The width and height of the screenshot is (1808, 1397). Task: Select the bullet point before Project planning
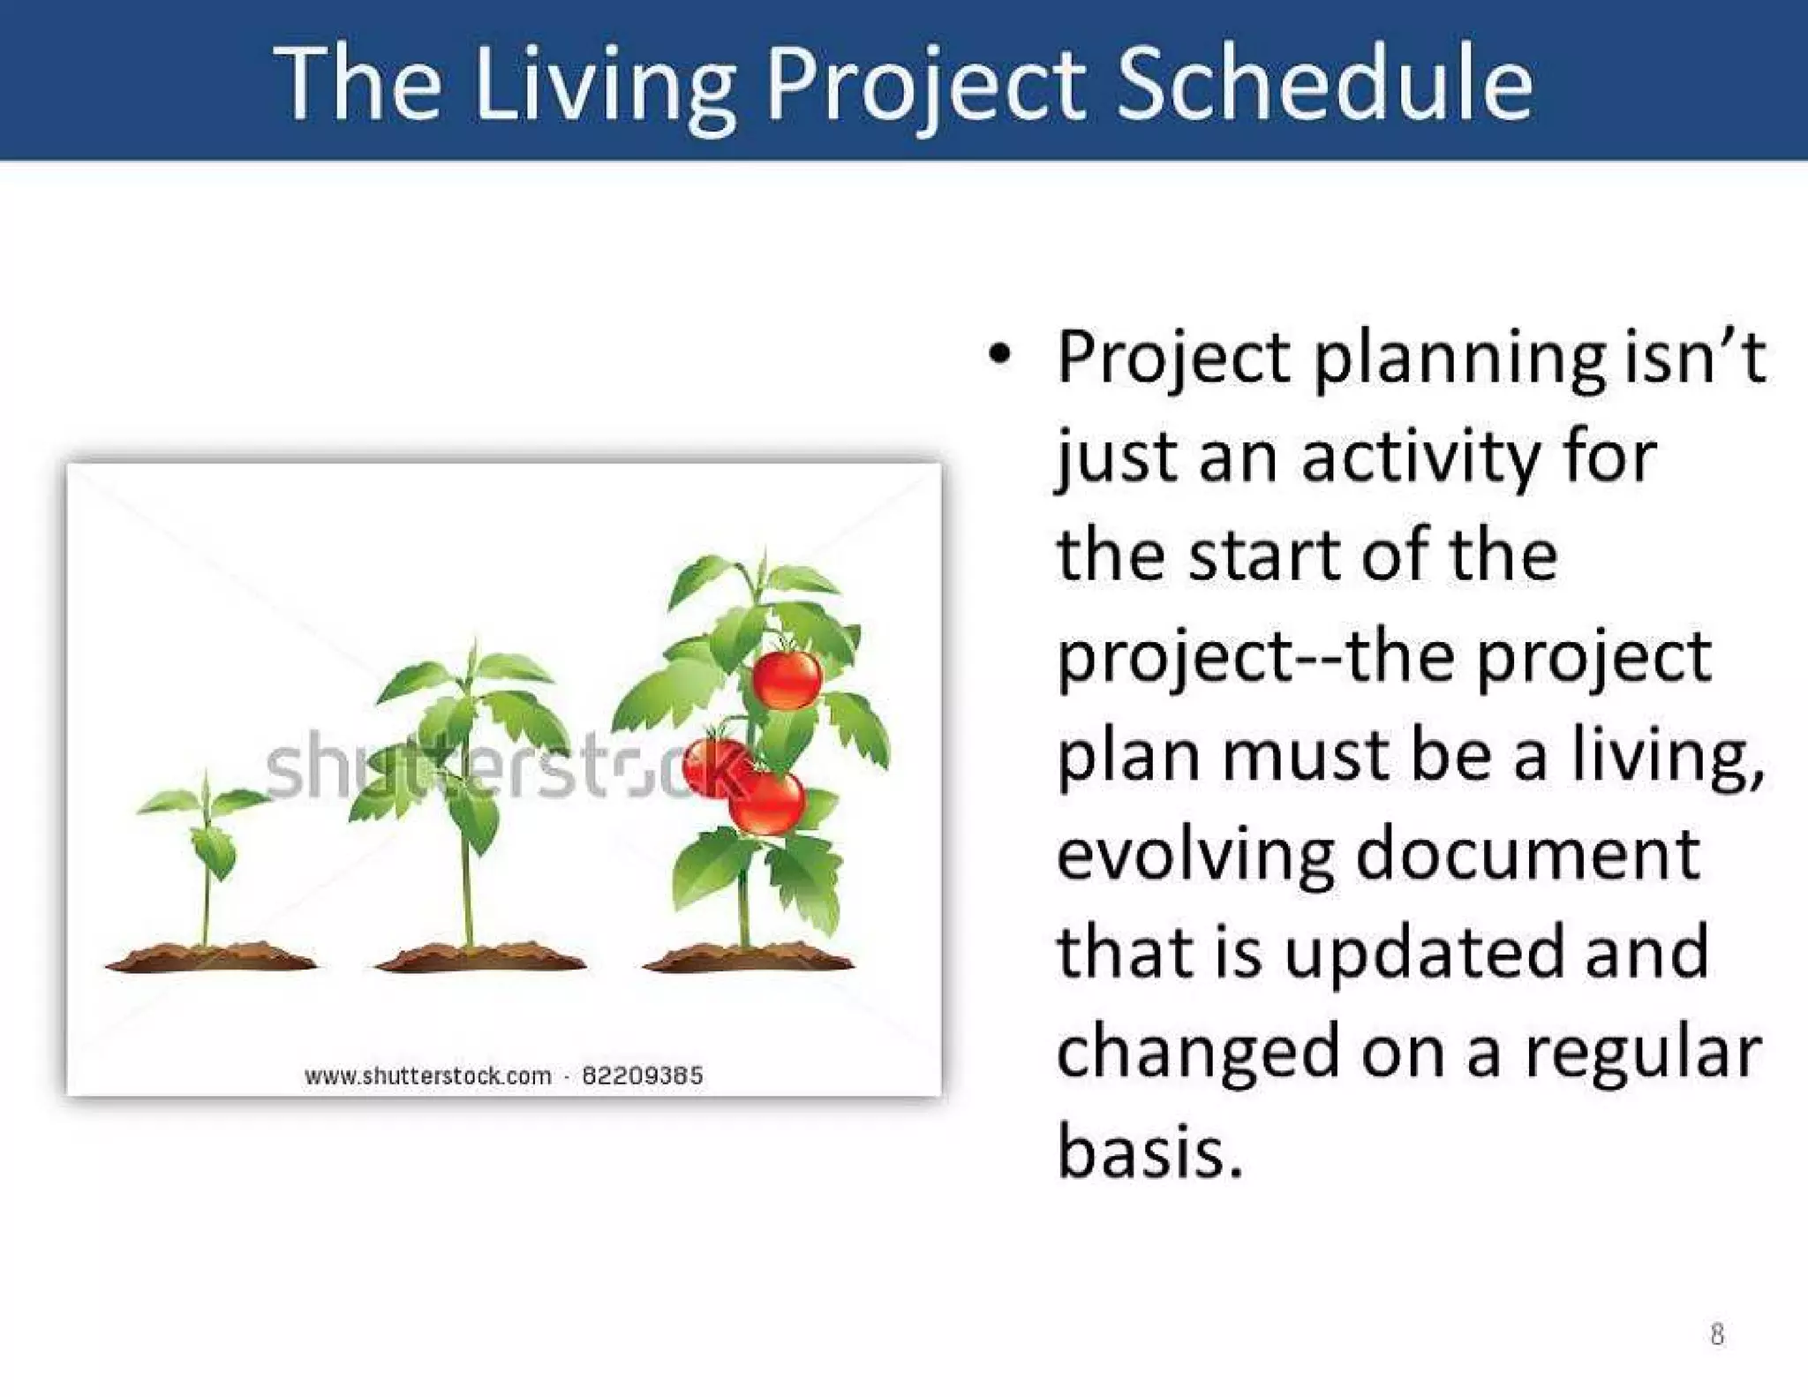click(x=998, y=356)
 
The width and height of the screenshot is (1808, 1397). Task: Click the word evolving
click(x=1194, y=855)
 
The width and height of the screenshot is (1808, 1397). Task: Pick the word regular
click(x=1642, y=1054)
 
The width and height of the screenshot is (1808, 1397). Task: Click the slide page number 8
click(x=1716, y=1333)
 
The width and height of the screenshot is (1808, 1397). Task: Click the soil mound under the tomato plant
click(x=749, y=957)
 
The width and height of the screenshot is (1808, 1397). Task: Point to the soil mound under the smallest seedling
click(x=210, y=957)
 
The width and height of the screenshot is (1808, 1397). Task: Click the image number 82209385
click(x=643, y=1076)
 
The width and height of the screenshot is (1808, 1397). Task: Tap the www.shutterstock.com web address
click(x=427, y=1076)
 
